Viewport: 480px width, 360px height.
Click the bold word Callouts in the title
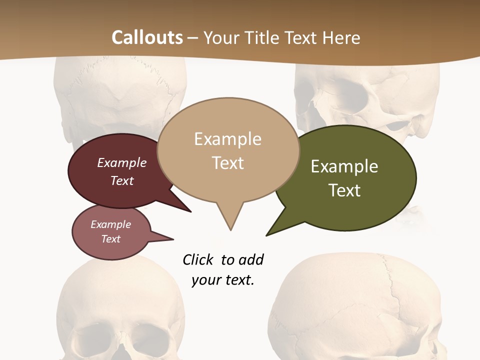(x=147, y=37)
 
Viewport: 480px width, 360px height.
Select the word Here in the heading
(x=341, y=37)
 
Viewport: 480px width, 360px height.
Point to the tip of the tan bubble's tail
(x=230, y=230)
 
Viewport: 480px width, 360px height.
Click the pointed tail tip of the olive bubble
(x=266, y=235)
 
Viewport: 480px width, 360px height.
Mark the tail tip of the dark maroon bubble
(x=191, y=212)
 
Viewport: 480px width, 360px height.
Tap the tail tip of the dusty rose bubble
(x=173, y=239)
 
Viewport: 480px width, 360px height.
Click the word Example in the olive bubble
(x=344, y=166)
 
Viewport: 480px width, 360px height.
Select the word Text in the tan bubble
(x=228, y=163)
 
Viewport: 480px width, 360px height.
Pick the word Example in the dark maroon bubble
(x=122, y=163)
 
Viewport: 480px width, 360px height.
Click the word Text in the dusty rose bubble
(x=111, y=239)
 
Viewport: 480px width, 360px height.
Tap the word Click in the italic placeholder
(x=198, y=260)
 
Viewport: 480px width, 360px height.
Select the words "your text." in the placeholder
(x=223, y=280)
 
